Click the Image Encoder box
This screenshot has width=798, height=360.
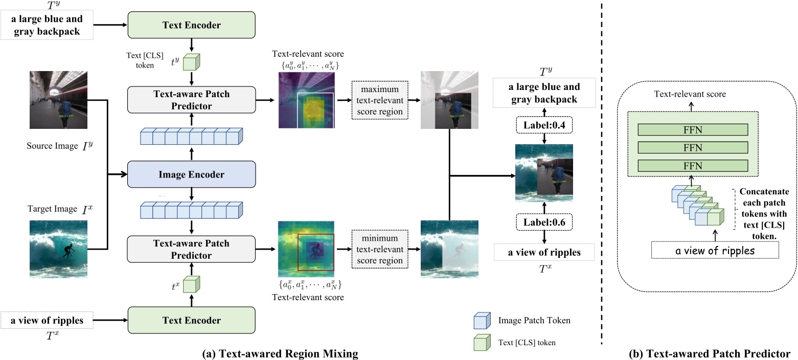click(x=192, y=175)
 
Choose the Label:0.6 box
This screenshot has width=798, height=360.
click(x=544, y=222)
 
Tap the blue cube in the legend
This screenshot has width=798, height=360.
click(x=481, y=320)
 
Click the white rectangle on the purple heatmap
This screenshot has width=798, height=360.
click(x=315, y=110)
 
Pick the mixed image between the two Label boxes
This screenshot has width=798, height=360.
click(x=544, y=173)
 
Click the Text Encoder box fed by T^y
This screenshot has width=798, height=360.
click(x=192, y=24)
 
